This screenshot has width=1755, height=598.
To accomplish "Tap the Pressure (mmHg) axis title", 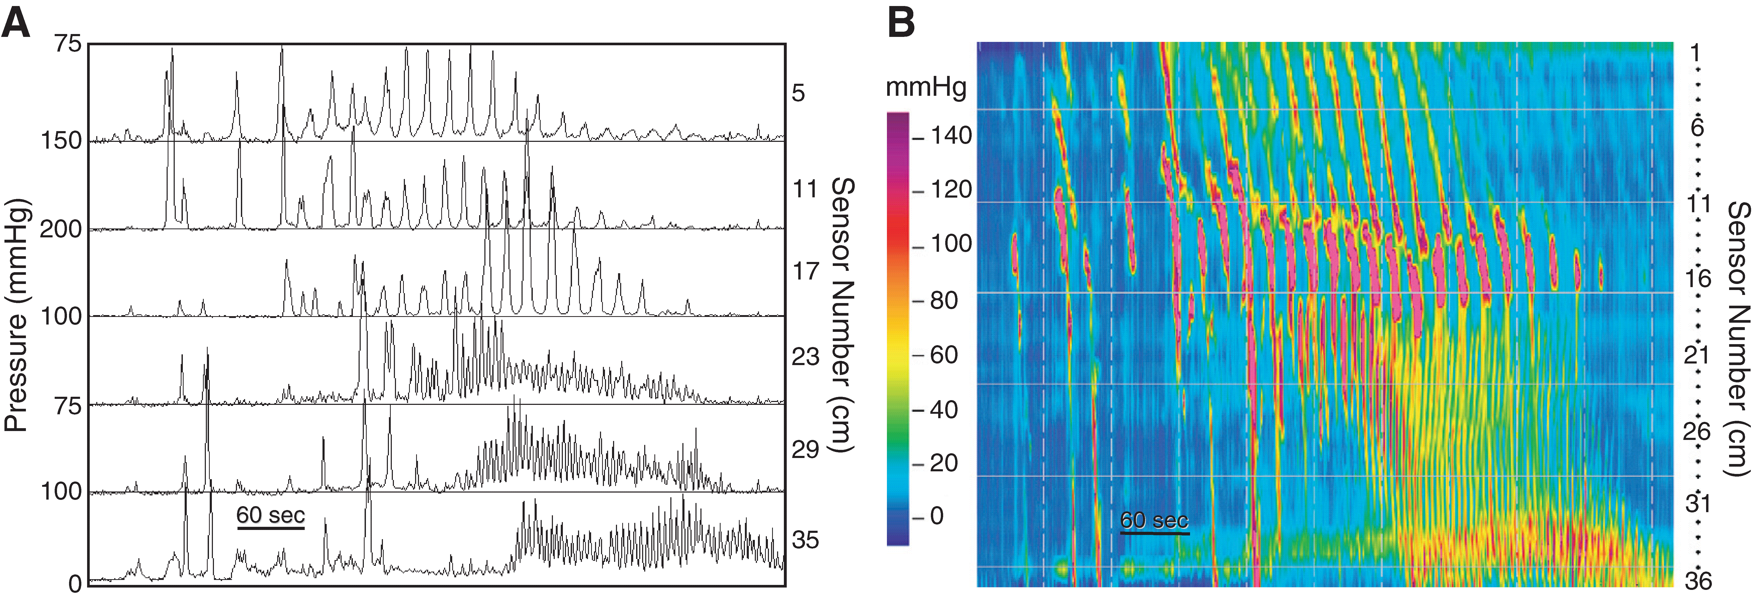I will tap(16, 315).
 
